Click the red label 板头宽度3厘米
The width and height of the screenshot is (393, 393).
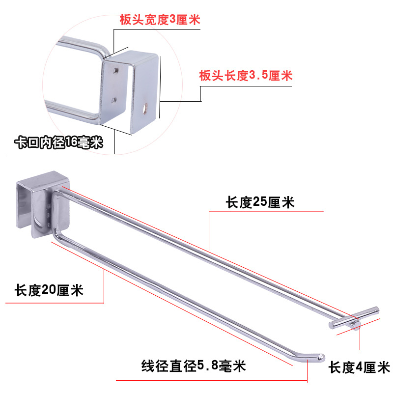click(x=160, y=20)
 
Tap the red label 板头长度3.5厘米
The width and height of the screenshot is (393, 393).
click(x=246, y=76)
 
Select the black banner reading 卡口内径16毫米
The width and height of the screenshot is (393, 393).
click(x=58, y=143)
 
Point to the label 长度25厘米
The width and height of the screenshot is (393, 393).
click(x=260, y=202)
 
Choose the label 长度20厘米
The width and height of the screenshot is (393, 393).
click(x=49, y=290)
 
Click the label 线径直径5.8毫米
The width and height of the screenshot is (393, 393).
click(x=194, y=366)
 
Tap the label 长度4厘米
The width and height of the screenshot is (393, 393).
click(x=359, y=367)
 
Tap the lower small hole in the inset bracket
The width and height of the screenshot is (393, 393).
click(x=114, y=100)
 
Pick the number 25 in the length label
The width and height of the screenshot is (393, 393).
click(x=260, y=202)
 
